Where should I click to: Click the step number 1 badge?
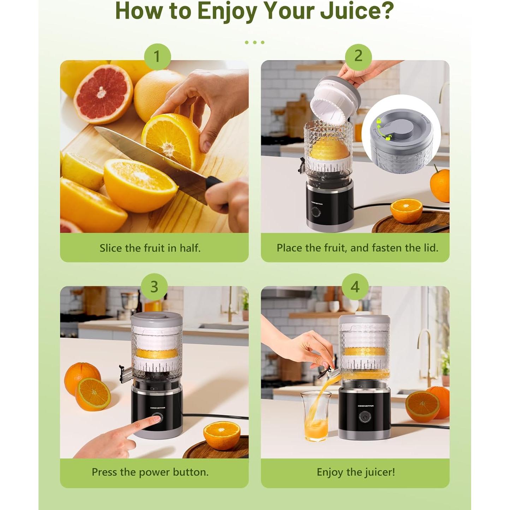pos(157,57)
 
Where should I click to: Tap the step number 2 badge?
pos(358,56)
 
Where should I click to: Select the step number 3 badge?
pos(154,287)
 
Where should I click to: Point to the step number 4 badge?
pos(355,287)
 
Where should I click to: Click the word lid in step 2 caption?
pos(432,248)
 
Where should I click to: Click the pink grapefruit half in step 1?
pos(103,94)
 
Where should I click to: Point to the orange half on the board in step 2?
pos(406,210)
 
